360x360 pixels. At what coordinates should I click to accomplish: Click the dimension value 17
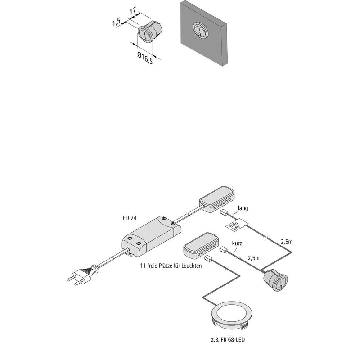point(133,11)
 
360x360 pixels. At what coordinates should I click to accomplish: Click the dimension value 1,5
point(117,22)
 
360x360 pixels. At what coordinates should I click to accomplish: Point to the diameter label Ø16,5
point(145,58)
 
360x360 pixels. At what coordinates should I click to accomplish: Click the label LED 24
point(128,218)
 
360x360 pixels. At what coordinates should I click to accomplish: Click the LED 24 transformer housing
point(151,237)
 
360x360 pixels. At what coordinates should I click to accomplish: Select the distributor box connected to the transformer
point(217,199)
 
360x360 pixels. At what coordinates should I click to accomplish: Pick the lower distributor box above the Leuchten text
point(201,245)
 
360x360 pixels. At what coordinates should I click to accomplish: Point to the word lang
point(243,208)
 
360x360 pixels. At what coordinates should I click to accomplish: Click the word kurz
point(237,243)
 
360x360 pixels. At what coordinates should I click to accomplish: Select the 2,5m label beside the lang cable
point(287,242)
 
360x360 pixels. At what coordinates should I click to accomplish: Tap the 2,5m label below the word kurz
point(253,258)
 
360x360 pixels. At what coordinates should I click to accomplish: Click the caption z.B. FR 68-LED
point(228,339)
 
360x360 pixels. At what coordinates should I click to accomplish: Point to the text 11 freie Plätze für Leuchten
point(171,265)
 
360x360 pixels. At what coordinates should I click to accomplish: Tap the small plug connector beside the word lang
point(224,212)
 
